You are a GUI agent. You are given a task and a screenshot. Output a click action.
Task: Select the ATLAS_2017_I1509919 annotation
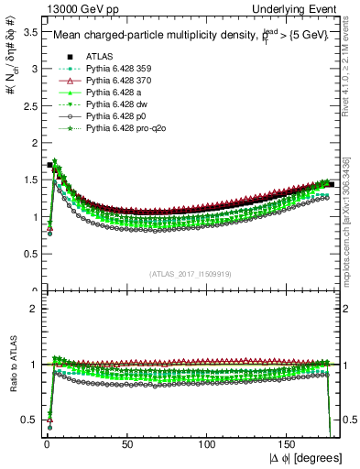[x=190, y=274]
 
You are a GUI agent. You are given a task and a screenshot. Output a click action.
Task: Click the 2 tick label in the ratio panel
[x=35, y=309]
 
